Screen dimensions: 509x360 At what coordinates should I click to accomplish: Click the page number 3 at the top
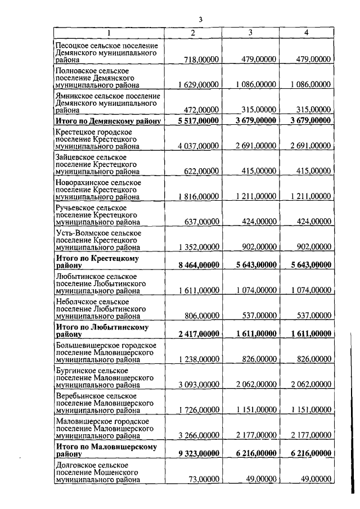point(200,20)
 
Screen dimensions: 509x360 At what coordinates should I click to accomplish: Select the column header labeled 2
point(193,33)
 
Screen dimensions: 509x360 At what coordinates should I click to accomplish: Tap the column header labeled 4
point(306,33)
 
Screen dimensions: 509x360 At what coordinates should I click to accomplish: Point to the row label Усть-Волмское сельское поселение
point(98,233)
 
